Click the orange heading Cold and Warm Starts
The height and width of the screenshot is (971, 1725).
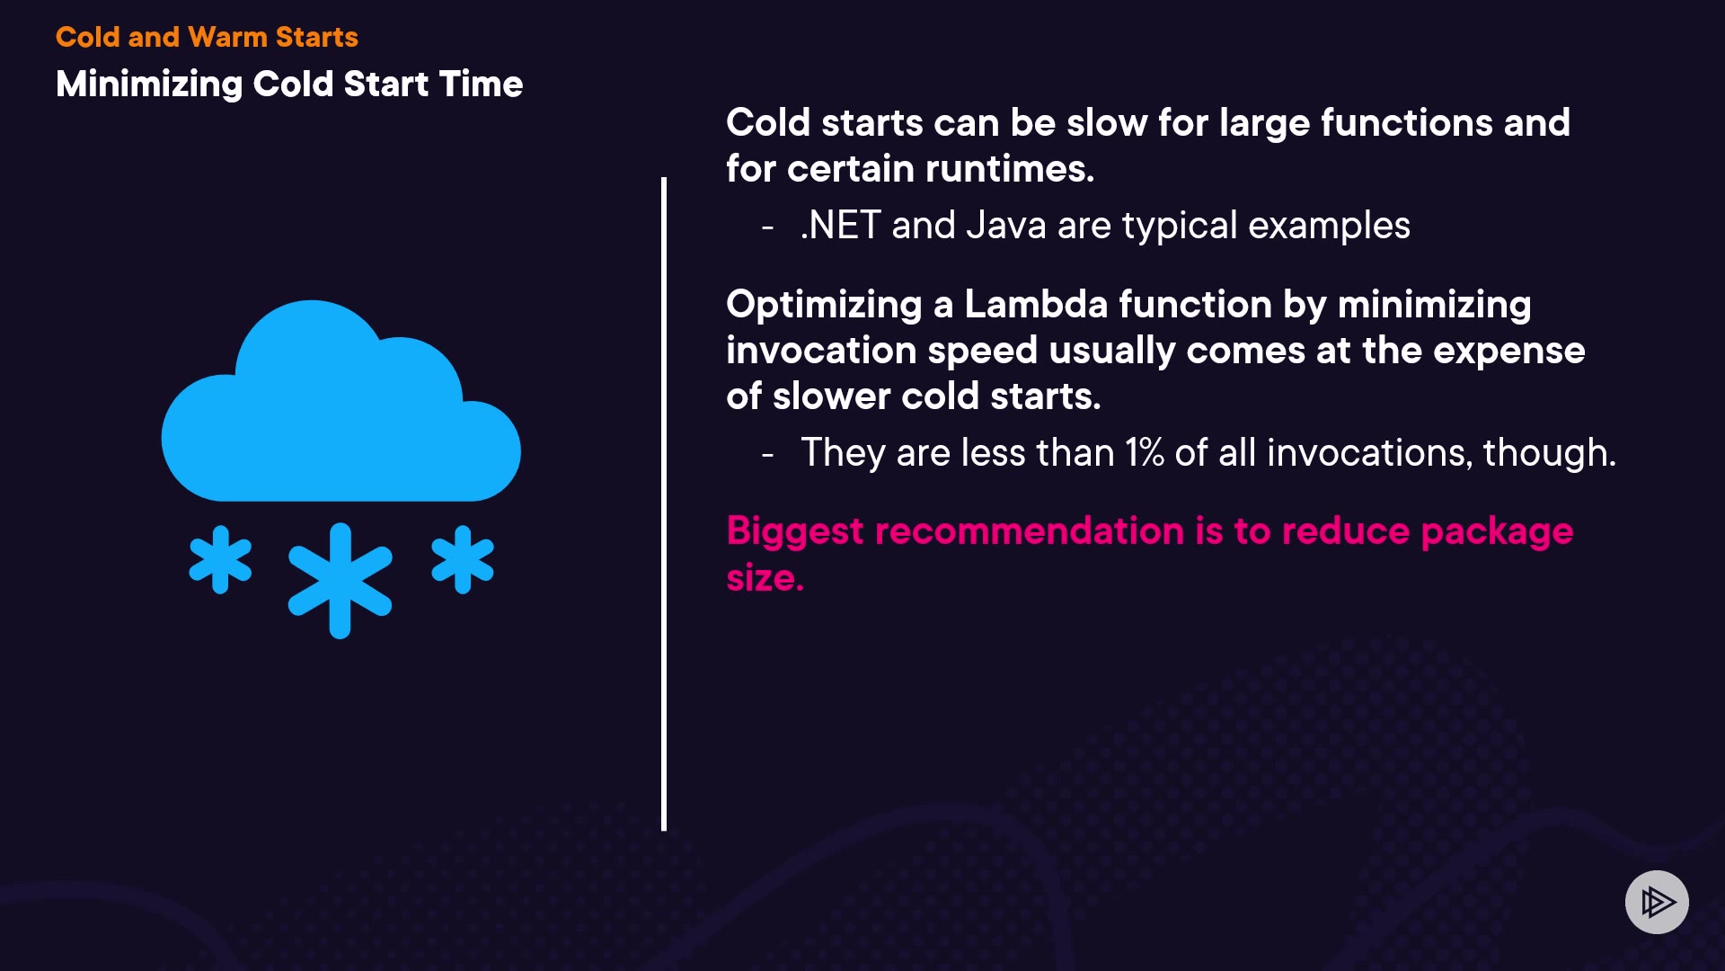coord(207,37)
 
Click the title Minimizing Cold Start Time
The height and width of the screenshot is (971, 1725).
coord(289,85)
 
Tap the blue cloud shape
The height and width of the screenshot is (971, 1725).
coord(341,401)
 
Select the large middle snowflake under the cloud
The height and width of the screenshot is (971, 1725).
coord(340,581)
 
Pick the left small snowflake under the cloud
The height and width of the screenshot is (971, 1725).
coord(220,560)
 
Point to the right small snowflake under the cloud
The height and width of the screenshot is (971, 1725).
coord(463,560)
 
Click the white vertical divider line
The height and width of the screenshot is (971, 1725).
coord(664,503)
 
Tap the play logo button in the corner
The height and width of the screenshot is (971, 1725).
coord(1657,902)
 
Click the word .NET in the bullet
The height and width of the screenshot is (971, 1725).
coord(840,226)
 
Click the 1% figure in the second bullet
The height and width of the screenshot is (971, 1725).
coord(1145,452)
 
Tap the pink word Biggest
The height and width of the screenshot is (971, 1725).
coord(795,532)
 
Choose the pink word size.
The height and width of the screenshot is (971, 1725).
coord(765,577)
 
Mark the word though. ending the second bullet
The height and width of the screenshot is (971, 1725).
coord(1550,453)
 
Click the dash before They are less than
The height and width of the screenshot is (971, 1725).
coord(767,455)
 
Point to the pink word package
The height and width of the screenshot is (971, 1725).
coord(1497,532)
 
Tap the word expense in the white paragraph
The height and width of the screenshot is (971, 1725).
coord(1509,352)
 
